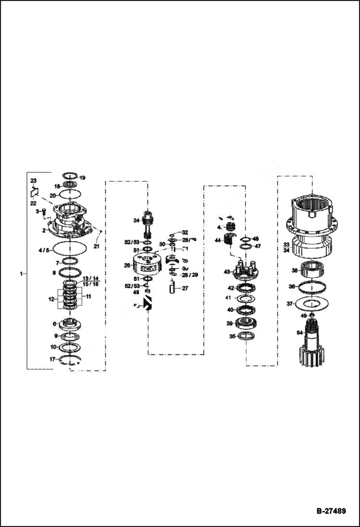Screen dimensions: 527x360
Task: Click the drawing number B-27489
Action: tap(331, 511)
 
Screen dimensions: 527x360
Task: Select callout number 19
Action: tap(82, 177)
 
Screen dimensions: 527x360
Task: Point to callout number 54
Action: tap(299, 333)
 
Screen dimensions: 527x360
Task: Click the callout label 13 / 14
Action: tap(90, 279)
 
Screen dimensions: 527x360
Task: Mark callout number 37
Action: tap(290, 304)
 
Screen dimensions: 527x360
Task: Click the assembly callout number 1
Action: tap(21, 273)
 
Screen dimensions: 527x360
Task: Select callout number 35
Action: tap(233, 337)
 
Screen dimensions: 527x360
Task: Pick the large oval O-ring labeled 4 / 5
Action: tap(70, 249)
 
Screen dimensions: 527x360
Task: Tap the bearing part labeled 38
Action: tap(314, 270)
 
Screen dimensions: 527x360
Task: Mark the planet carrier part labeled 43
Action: tap(247, 271)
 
